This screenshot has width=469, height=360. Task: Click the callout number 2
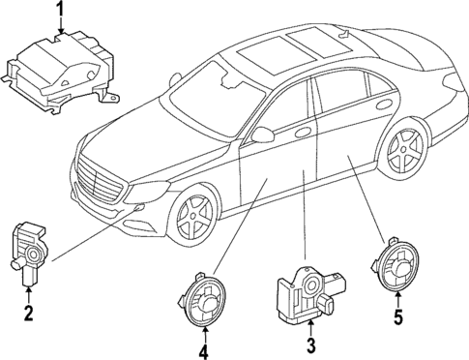[x=29, y=312]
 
